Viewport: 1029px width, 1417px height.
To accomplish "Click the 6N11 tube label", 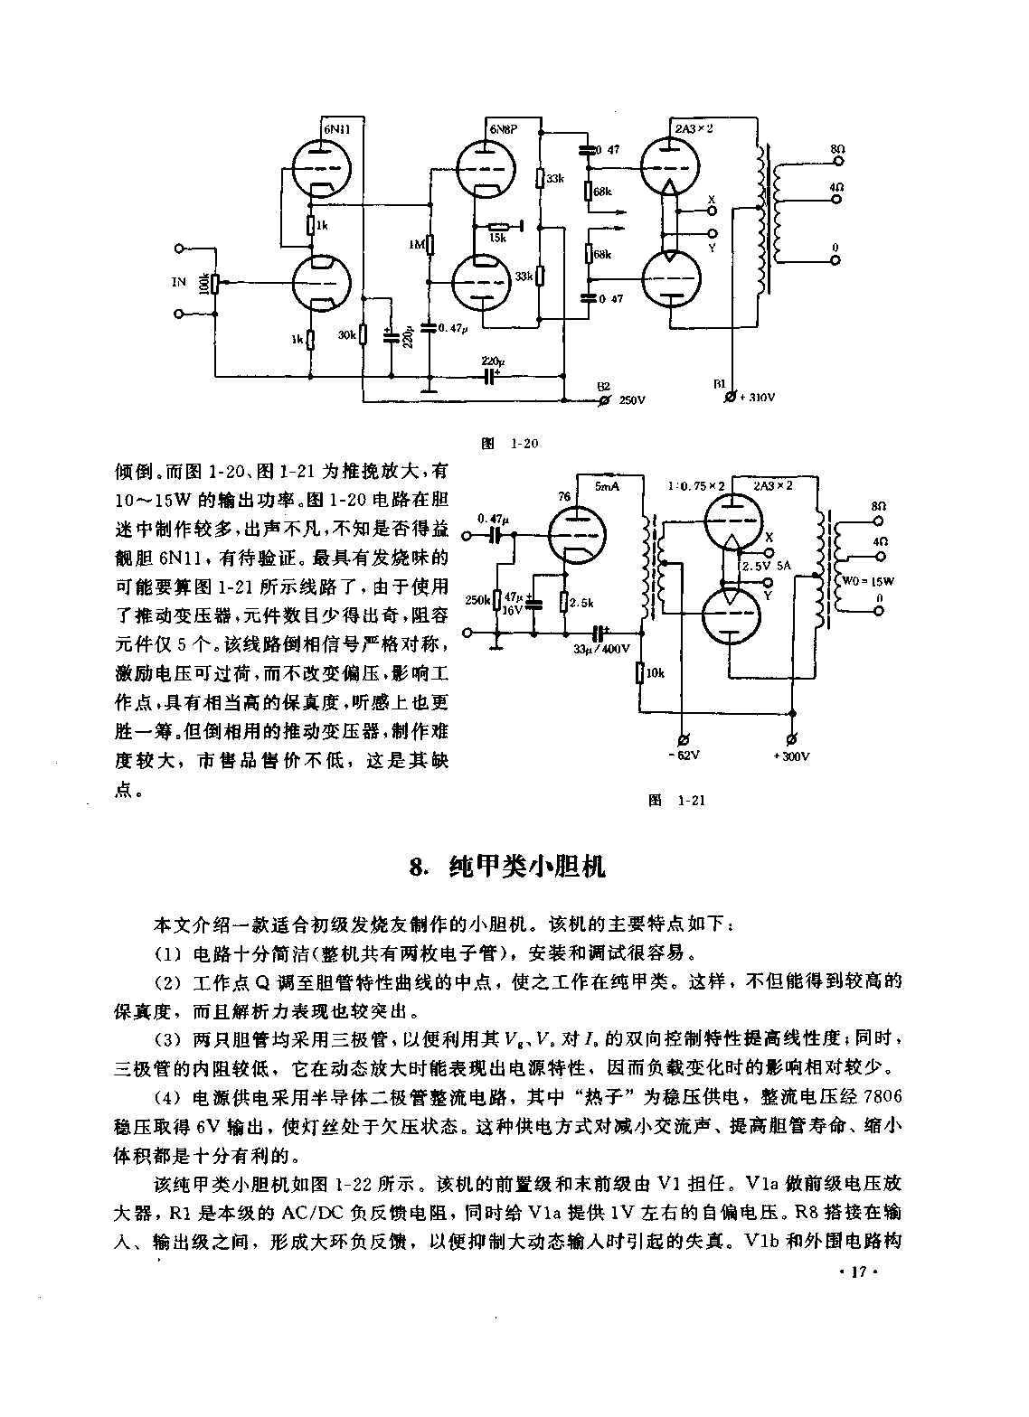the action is point(336,129).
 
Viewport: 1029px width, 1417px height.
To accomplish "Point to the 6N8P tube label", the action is point(503,129).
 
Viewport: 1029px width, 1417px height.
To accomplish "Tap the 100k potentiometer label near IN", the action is point(203,284).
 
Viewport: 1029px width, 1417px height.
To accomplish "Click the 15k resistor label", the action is point(498,238).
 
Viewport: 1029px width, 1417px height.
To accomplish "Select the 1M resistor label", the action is point(417,244).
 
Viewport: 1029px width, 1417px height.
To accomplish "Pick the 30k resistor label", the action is point(346,335).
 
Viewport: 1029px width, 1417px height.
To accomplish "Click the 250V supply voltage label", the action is point(631,400).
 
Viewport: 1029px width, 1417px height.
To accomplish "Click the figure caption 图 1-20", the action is point(509,444).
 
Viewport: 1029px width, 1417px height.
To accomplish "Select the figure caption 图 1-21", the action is point(676,801).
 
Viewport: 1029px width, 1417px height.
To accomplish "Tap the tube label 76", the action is point(564,497).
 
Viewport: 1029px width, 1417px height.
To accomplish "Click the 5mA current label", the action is point(608,486).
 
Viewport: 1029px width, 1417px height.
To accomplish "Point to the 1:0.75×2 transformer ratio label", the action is point(696,486).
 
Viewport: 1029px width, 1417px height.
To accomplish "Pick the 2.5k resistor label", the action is point(581,604).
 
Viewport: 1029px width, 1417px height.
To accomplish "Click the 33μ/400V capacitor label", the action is point(602,649).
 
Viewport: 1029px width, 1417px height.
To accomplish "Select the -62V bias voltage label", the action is point(684,755).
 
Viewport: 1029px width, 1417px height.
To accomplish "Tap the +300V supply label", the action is point(791,755).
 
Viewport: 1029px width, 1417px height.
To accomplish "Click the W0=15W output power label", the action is point(868,581).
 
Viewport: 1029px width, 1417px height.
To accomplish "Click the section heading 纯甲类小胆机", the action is point(526,868).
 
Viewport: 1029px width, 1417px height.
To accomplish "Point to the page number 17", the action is point(858,1272).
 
